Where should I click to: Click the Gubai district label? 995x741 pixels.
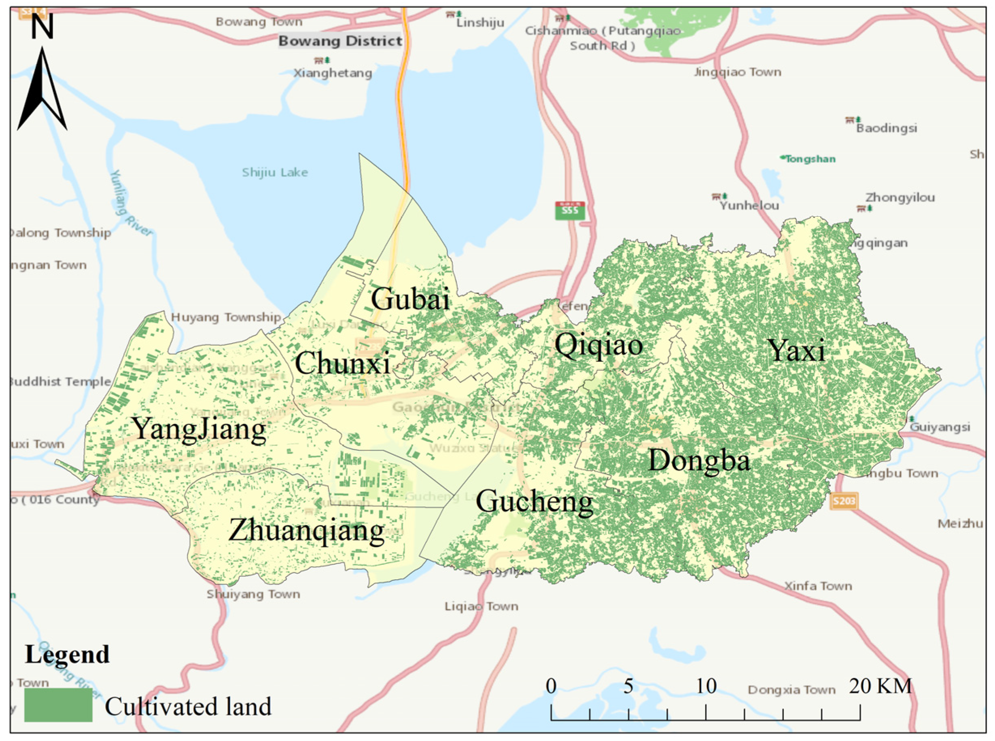click(x=409, y=299)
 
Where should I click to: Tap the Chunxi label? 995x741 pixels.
click(x=342, y=363)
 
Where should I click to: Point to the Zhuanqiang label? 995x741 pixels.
click(x=306, y=531)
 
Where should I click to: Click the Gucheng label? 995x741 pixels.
click(x=534, y=501)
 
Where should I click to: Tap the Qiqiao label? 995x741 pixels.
click(x=598, y=345)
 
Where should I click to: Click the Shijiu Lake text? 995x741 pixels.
click(x=275, y=172)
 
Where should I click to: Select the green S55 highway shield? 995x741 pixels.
click(x=570, y=210)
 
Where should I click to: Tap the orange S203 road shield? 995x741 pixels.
click(x=844, y=501)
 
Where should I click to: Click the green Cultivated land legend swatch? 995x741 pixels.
click(x=58, y=705)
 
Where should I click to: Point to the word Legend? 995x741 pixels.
click(x=67, y=654)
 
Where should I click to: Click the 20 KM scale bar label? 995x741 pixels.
click(x=880, y=686)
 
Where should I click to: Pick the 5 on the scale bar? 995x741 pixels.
click(x=628, y=686)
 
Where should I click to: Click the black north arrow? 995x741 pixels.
click(x=42, y=90)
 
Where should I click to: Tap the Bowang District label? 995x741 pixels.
click(x=340, y=41)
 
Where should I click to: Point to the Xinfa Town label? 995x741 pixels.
click(x=818, y=586)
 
